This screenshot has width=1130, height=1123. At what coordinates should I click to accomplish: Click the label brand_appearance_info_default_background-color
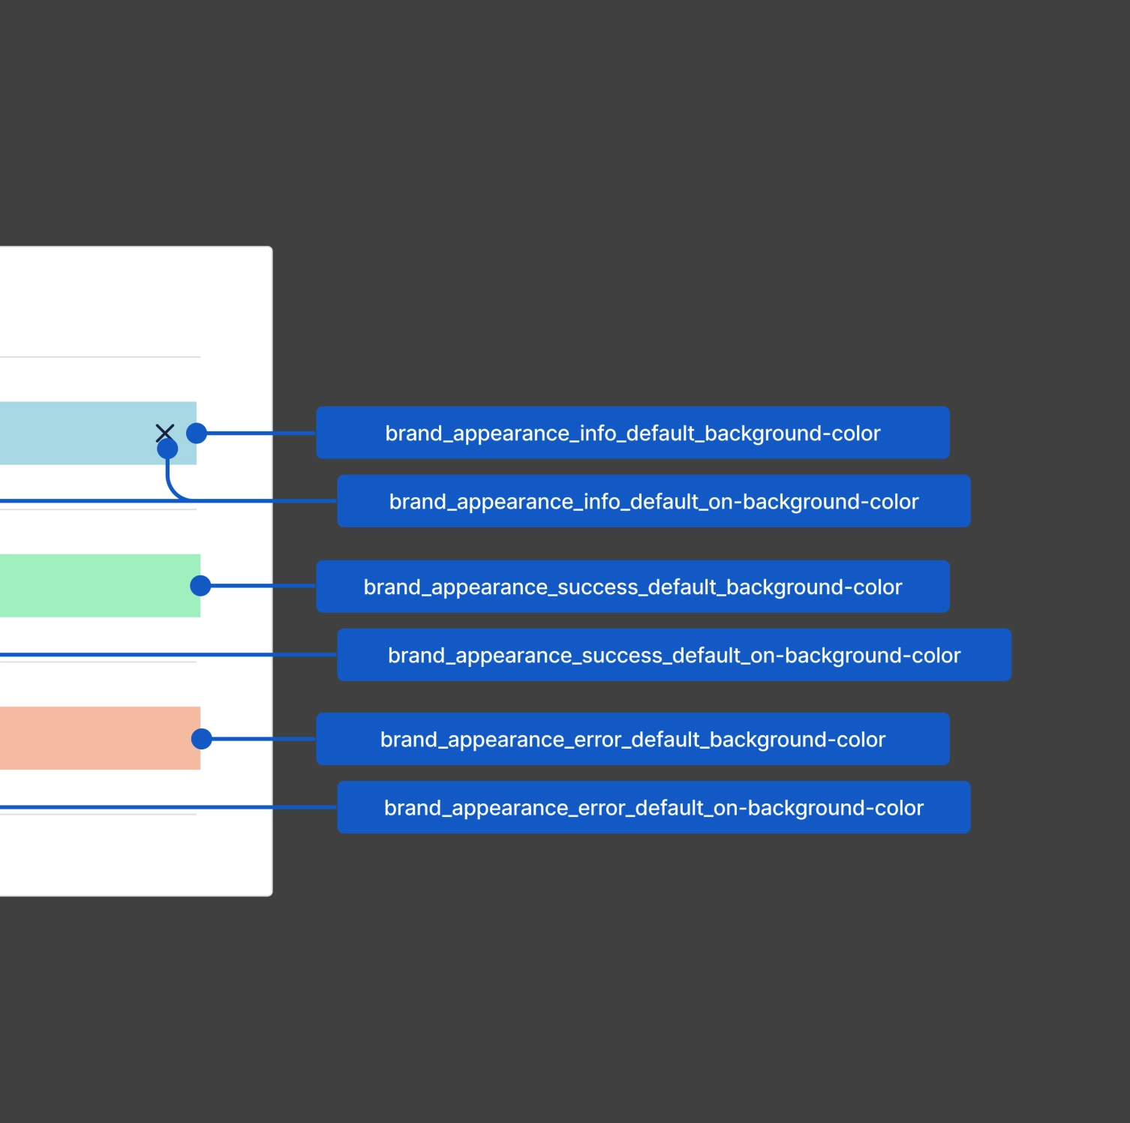pos(633,433)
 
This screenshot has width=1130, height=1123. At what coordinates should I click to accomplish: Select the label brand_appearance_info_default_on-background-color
pos(654,501)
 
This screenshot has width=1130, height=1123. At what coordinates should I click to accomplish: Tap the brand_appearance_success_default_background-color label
pos(633,587)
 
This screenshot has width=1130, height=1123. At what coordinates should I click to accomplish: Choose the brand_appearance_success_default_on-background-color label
pos(674,655)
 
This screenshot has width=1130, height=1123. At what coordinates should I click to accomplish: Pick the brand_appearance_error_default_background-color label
pos(633,739)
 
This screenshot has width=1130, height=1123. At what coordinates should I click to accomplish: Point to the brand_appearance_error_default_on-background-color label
pos(654,807)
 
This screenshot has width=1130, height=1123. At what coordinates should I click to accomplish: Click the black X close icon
pos(165,432)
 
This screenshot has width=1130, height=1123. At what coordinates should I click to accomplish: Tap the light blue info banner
pos(75,433)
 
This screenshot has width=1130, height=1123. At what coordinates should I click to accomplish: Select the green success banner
pos(90,586)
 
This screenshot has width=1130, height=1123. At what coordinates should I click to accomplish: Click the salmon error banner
pos(90,738)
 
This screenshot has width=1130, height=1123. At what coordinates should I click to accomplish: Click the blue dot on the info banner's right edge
pos(197,433)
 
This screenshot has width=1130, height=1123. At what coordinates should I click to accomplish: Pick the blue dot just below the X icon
pos(167,449)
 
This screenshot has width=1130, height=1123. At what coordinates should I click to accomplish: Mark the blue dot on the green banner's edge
pos(200,586)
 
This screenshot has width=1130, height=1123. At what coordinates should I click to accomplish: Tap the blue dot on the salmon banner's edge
pos(202,739)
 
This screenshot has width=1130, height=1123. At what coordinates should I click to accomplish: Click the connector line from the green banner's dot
pos(263,586)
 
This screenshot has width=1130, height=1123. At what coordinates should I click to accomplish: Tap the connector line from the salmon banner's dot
pos(263,739)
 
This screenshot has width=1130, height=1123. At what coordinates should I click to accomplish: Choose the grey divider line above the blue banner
pos(98,357)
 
